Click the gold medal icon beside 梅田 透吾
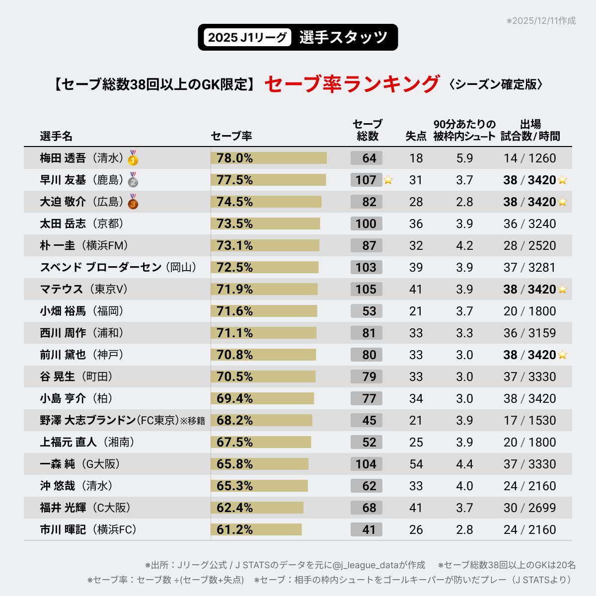tap(133, 158)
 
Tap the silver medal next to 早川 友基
tap(133, 180)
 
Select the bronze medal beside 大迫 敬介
tap(133, 202)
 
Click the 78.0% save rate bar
tap(269, 158)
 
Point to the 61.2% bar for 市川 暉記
tap(256, 529)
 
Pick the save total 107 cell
tap(366, 180)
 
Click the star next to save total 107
tap(388, 180)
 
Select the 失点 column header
tap(416, 136)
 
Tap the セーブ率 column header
tap(231, 136)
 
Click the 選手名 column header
tap(56, 136)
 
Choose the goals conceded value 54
tap(416, 464)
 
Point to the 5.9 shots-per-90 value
tap(464, 158)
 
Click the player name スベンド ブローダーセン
tap(101, 267)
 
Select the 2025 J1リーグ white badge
tap(247, 37)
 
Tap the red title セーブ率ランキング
tap(352, 84)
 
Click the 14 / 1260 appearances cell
tap(529, 158)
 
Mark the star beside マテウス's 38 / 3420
tap(562, 289)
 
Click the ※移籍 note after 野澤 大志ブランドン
tap(193, 421)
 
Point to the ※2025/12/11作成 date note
tap(541, 21)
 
